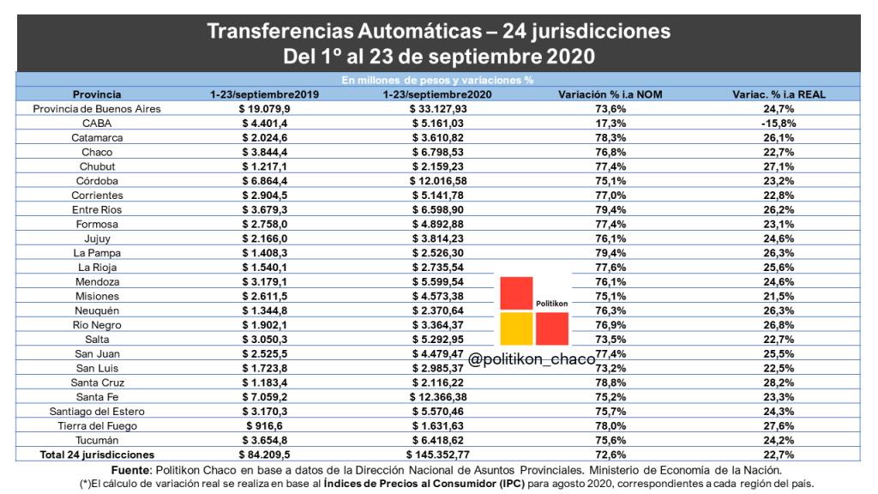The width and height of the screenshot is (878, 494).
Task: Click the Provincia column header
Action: pyautogui.click(x=97, y=94)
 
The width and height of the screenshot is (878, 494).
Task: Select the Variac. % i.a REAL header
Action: pyautogui.click(x=779, y=94)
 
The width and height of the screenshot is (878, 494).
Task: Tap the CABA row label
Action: pyautogui.click(x=97, y=123)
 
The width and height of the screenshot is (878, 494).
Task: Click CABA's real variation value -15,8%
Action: pyautogui.click(x=779, y=123)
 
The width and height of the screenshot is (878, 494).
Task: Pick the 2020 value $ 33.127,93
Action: pyautogui.click(x=438, y=109)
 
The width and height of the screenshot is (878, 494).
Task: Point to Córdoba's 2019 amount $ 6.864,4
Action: pyautogui.click(x=265, y=181)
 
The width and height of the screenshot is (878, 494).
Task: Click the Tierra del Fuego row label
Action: pyautogui.click(x=98, y=425)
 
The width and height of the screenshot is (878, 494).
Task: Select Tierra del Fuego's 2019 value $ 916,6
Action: pyautogui.click(x=265, y=425)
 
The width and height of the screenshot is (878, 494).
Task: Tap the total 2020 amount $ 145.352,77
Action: pyautogui.click(x=438, y=455)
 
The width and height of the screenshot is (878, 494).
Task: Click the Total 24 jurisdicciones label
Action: pyautogui.click(x=97, y=455)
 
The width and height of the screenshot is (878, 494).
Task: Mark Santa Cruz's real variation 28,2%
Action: pyautogui.click(x=779, y=383)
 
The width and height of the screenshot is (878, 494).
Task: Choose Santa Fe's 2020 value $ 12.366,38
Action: pyautogui.click(x=438, y=397)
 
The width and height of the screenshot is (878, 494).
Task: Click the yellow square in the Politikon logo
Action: pyautogui.click(x=516, y=328)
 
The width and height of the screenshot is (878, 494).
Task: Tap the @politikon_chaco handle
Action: pyautogui.click(x=532, y=359)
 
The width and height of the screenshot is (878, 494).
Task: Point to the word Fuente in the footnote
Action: pyautogui.click(x=131, y=470)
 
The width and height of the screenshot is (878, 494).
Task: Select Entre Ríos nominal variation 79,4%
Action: pyautogui.click(x=610, y=209)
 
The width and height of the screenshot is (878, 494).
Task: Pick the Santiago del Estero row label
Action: pyautogui.click(x=97, y=412)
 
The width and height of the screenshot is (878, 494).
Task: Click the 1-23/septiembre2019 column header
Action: pyautogui.click(x=265, y=94)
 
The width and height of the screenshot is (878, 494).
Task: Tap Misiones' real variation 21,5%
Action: pyautogui.click(x=779, y=296)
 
